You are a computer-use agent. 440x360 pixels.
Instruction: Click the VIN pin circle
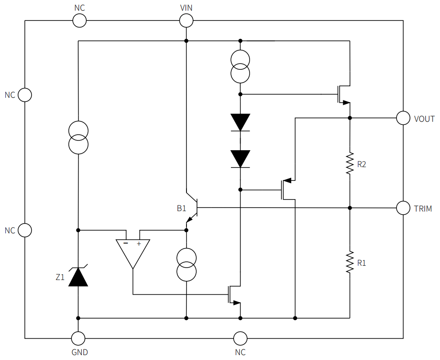pos(186,20)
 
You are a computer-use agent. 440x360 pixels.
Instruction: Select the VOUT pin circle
pos(403,118)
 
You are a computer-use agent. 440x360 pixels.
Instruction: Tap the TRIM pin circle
pos(403,208)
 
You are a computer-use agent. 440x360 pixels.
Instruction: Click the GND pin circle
pos(79,338)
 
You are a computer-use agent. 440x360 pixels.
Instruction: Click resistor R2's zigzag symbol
pos(350,164)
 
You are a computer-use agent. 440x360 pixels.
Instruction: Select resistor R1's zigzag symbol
pos(350,262)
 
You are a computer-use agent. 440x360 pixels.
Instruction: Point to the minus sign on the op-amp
pos(126,244)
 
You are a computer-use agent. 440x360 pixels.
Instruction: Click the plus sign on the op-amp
pos(139,244)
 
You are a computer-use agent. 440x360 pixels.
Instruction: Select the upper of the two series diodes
pos(240,122)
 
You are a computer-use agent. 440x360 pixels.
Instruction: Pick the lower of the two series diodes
pos(240,159)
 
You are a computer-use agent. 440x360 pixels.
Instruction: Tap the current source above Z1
pos(79,137)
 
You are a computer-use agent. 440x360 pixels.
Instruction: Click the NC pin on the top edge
pos(79,20)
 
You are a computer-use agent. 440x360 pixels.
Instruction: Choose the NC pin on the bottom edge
pos(240,338)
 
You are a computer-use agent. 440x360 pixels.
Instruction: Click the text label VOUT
pos(424,119)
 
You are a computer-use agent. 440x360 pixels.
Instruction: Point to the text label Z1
pos(60,278)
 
